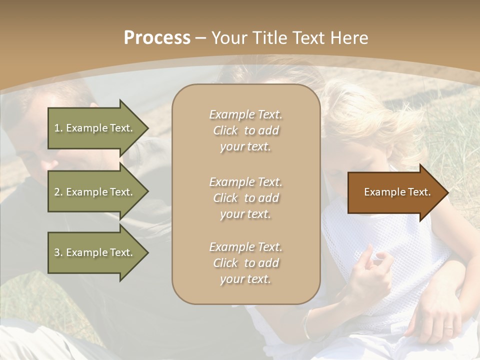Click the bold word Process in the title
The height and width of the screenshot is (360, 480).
pyautogui.click(x=157, y=38)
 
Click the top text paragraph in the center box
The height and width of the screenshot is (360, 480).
pyautogui.click(x=245, y=130)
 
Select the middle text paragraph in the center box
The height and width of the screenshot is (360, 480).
pyautogui.click(x=245, y=198)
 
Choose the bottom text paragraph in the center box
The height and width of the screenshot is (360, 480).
pyautogui.click(x=245, y=263)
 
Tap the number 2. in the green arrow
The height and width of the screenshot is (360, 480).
pyautogui.click(x=58, y=192)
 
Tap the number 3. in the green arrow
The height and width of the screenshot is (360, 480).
pyautogui.click(x=58, y=252)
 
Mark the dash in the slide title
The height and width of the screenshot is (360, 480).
pyautogui.click(x=200, y=38)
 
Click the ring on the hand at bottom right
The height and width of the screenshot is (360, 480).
pyautogui.click(x=448, y=328)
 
